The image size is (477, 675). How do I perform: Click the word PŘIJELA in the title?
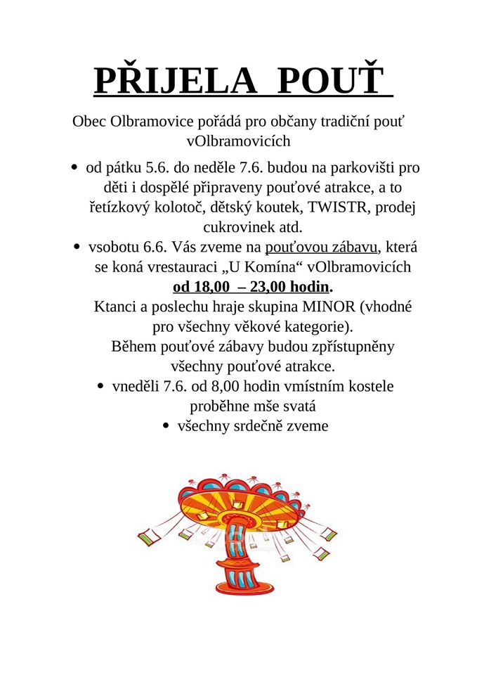tap(176, 82)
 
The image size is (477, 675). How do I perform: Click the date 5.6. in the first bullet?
tap(157, 169)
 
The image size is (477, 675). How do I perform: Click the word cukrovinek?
tap(237, 228)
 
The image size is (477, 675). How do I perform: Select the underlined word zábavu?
tap(353, 247)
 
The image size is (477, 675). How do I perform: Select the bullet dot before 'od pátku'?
tap(74, 168)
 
